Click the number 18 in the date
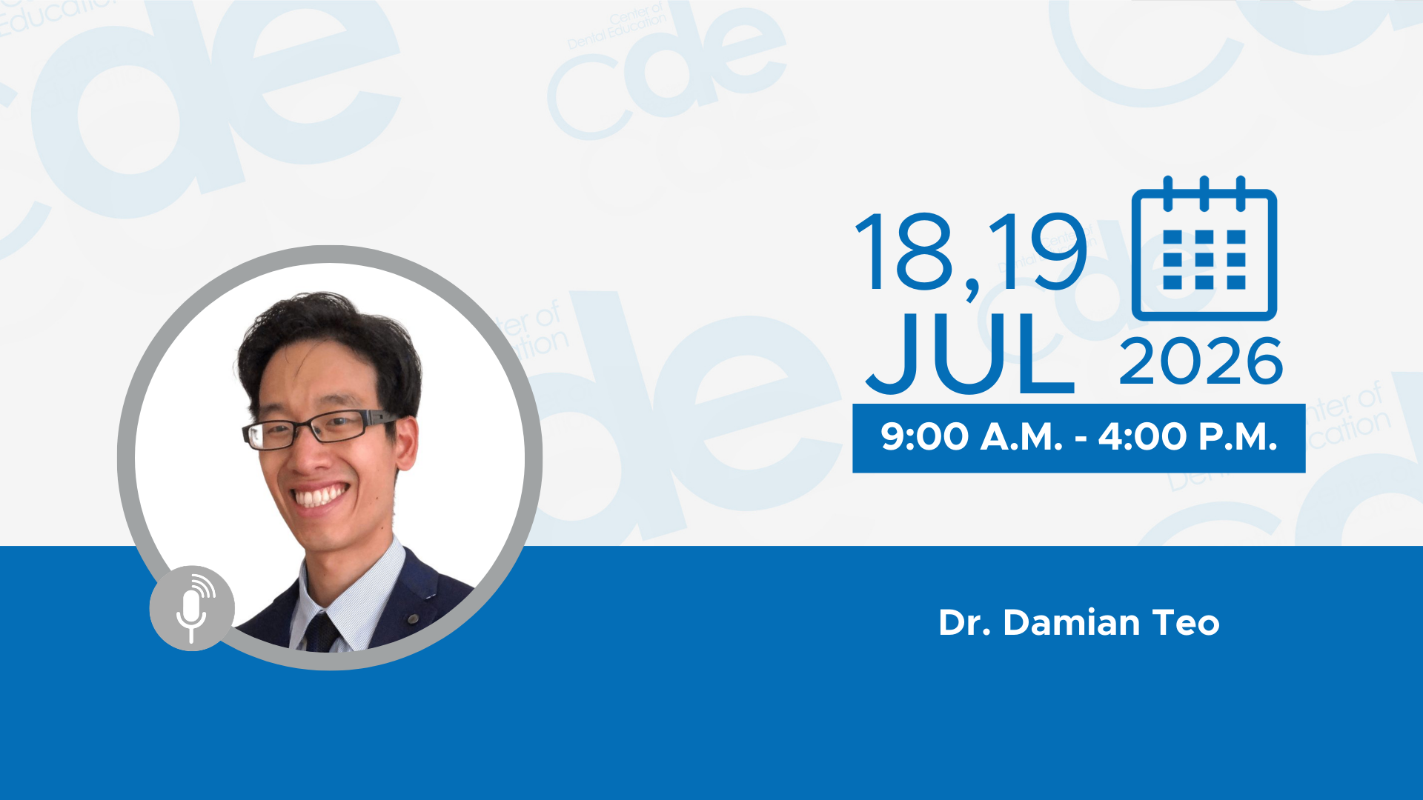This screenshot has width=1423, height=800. (x=904, y=252)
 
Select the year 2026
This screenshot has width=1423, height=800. (x=1201, y=361)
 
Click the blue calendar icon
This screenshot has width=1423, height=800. (x=1204, y=248)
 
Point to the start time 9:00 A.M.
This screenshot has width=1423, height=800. (x=972, y=437)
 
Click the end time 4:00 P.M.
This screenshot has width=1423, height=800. (x=1188, y=437)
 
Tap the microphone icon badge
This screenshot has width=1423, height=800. (x=192, y=608)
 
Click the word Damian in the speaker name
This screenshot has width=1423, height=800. (x=1072, y=623)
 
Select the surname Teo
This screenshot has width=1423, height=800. (x=1186, y=623)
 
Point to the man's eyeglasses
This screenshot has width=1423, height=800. (x=319, y=429)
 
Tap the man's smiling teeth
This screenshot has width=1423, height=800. (x=320, y=496)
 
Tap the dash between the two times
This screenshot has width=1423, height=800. (x=1081, y=439)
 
